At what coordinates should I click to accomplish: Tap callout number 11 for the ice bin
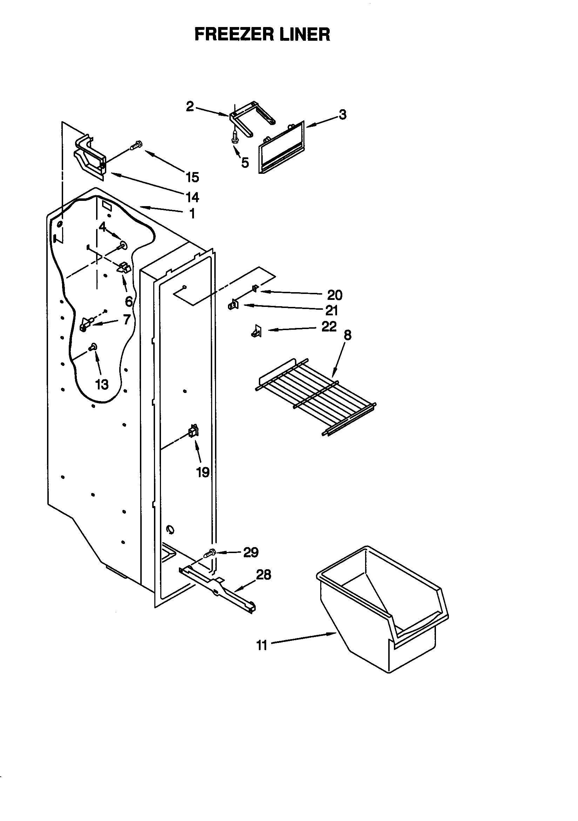tap(262, 646)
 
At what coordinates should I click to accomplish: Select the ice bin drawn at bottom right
tap(382, 608)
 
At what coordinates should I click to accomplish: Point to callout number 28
tap(264, 574)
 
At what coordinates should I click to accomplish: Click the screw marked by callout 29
tap(210, 553)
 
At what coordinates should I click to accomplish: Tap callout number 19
tap(203, 472)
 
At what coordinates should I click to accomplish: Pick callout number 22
tap(329, 327)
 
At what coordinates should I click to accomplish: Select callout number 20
tap(335, 295)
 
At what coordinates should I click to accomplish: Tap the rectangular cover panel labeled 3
tap(282, 147)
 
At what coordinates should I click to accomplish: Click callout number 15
tap(192, 177)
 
